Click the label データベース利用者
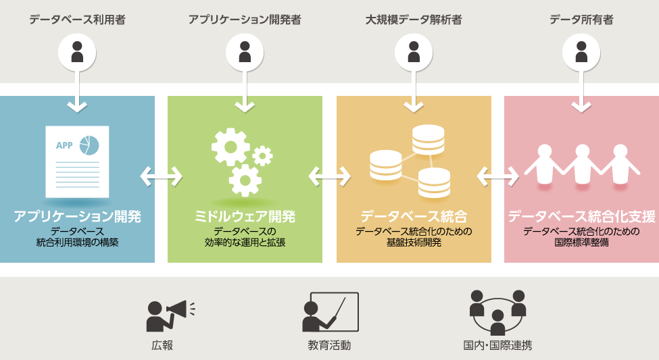(x=77, y=20)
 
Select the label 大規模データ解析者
(x=414, y=20)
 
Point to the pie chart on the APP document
(x=89, y=145)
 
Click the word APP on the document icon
(x=64, y=145)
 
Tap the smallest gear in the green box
(x=263, y=156)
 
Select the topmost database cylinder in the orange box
(x=429, y=139)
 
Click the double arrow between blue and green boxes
(x=162, y=176)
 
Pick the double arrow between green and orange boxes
(x=330, y=176)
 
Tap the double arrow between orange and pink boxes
(x=497, y=176)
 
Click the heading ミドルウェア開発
(x=245, y=216)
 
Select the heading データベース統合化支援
(x=582, y=216)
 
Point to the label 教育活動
(x=329, y=345)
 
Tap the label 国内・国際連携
(x=497, y=345)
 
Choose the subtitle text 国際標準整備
(x=582, y=242)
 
